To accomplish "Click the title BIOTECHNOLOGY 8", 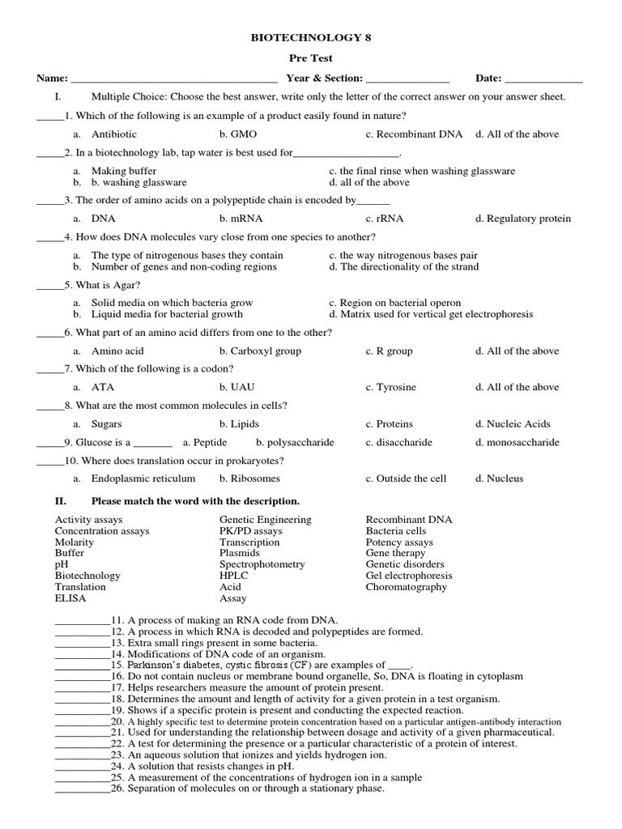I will (311, 37).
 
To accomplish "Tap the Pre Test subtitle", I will (311, 59).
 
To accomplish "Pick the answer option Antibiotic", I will (114, 134).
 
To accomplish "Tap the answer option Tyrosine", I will (396, 388).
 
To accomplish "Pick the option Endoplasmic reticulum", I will (143, 478).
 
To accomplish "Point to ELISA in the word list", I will (70, 598).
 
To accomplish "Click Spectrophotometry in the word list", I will (262, 564).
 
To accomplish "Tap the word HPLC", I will (234, 576).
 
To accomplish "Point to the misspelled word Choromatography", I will (406, 587).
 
